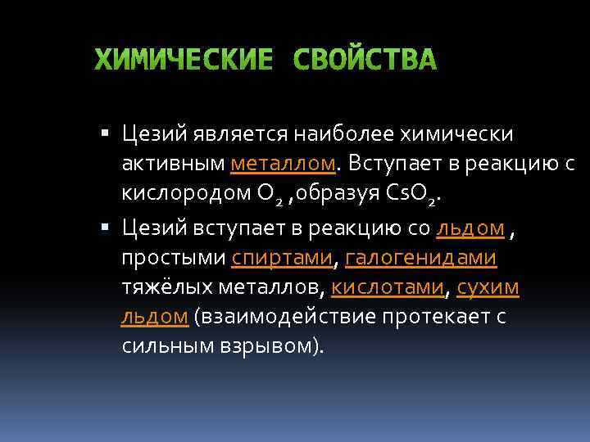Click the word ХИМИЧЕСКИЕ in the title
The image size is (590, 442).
click(x=183, y=61)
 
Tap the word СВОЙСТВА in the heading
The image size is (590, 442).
click(x=365, y=61)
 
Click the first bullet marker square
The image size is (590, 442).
click(x=102, y=133)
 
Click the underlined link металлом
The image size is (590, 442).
click(x=284, y=163)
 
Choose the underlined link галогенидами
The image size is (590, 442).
click(x=420, y=258)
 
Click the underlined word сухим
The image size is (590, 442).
click(x=488, y=288)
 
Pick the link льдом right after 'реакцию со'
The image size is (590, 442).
click(x=471, y=228)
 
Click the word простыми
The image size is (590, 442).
click(x=172, y=258)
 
